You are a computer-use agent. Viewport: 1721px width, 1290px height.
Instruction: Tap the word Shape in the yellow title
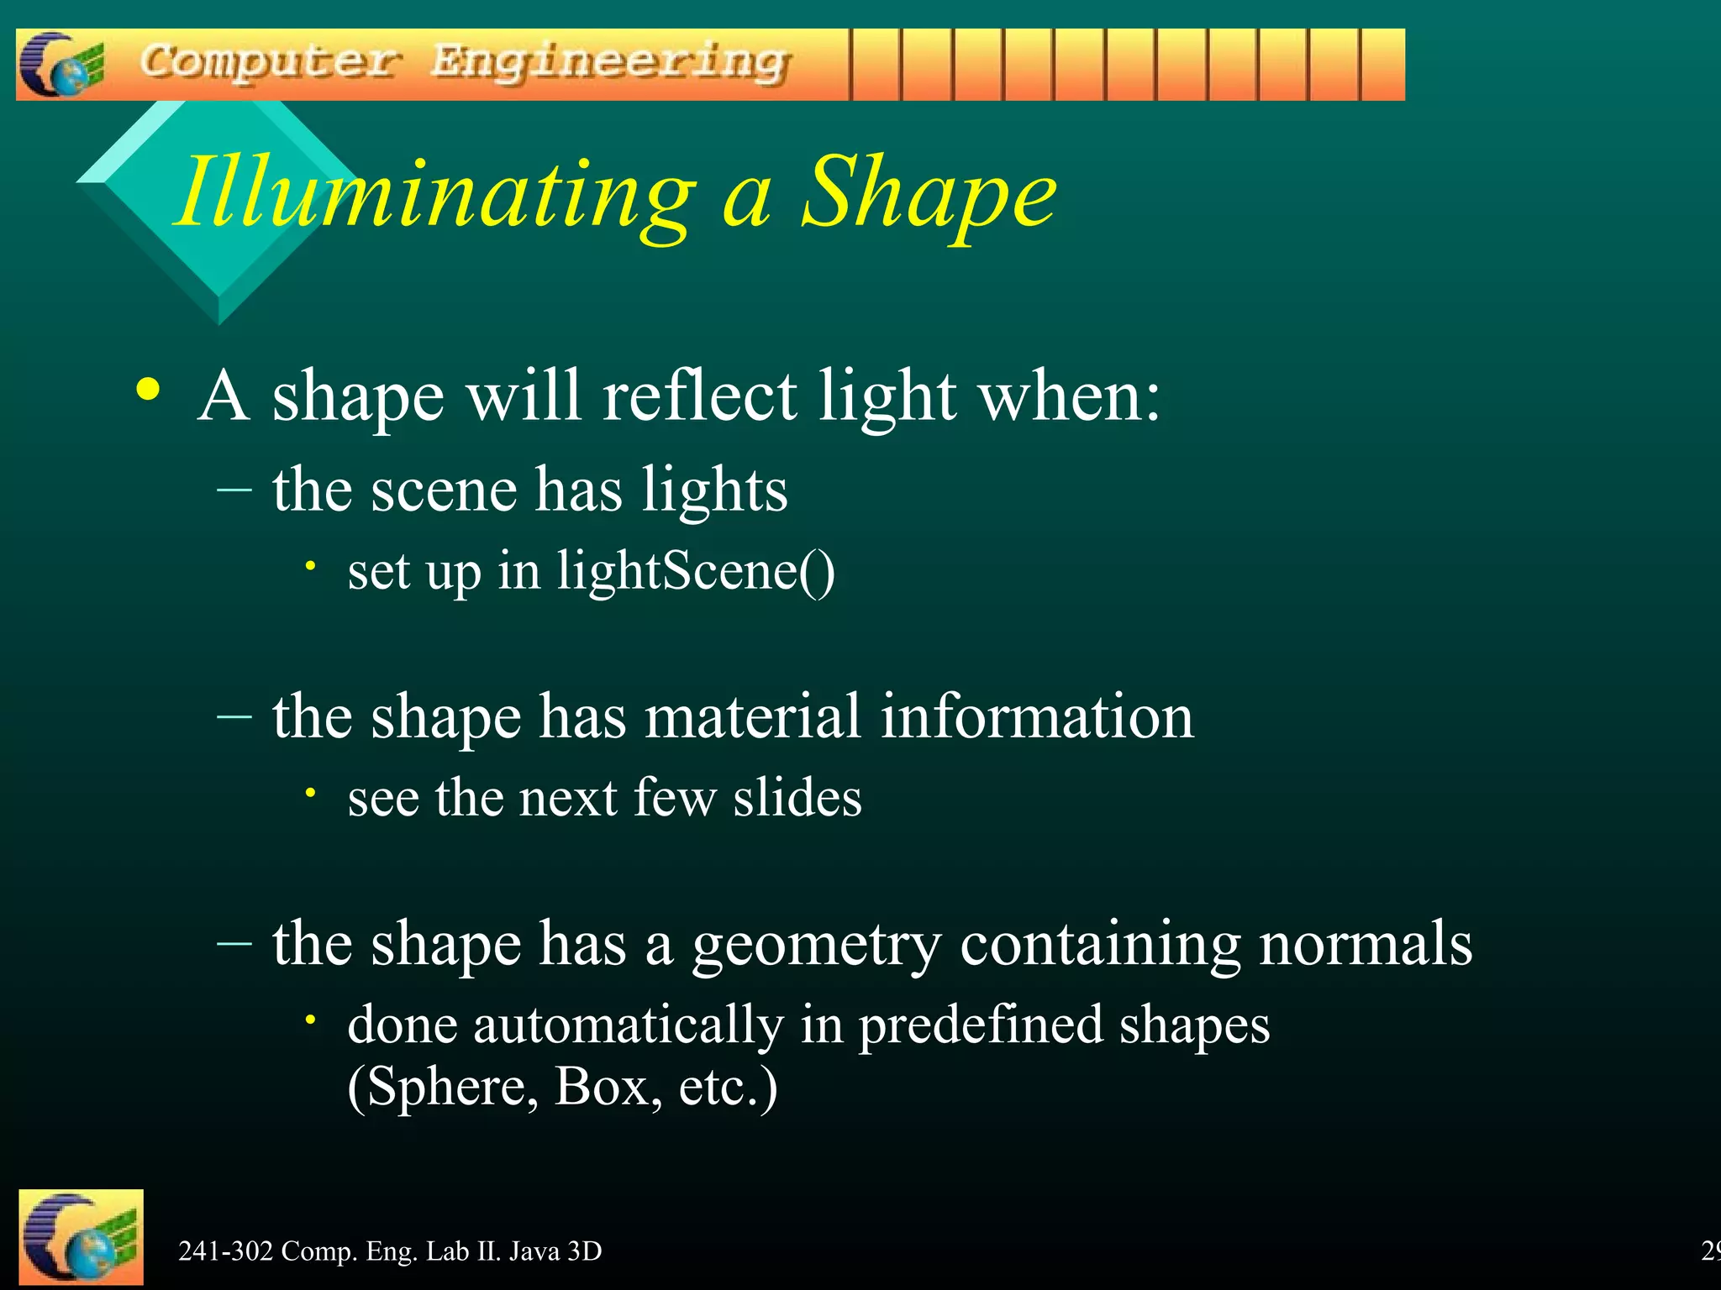point(929,195)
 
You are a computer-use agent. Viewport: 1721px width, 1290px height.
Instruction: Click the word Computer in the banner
point(269,63)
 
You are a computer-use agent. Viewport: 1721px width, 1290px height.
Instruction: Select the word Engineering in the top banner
point(611,63)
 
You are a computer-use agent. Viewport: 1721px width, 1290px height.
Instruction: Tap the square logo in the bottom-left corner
point(81,1238)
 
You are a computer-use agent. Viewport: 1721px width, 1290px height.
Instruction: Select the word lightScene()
point(696,571)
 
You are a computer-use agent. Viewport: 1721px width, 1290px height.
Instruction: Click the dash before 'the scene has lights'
point(234,490)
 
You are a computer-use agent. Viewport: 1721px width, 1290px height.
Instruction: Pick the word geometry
point(816,946)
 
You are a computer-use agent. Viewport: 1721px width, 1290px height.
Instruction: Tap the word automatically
point(628,1026)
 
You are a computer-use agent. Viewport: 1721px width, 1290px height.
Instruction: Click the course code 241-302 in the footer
point(225,1251)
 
